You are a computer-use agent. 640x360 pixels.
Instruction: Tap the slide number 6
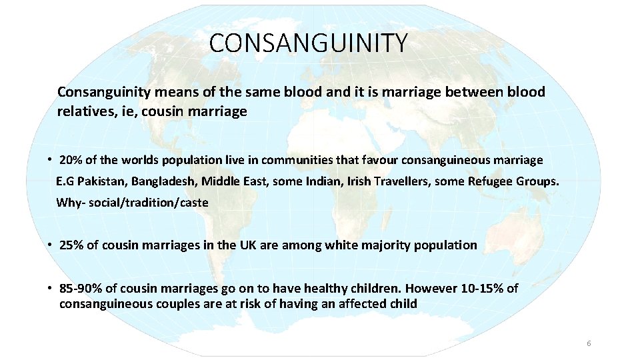(589, 343)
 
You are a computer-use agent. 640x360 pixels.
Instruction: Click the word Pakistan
(103, 181)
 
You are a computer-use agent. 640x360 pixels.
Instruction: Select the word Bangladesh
(163, 181)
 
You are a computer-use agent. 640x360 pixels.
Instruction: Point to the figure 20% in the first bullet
(70, 160)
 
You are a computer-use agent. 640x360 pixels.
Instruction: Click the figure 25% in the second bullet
(71, 245)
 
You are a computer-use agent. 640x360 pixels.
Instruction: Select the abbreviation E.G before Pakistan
(65, 181)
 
